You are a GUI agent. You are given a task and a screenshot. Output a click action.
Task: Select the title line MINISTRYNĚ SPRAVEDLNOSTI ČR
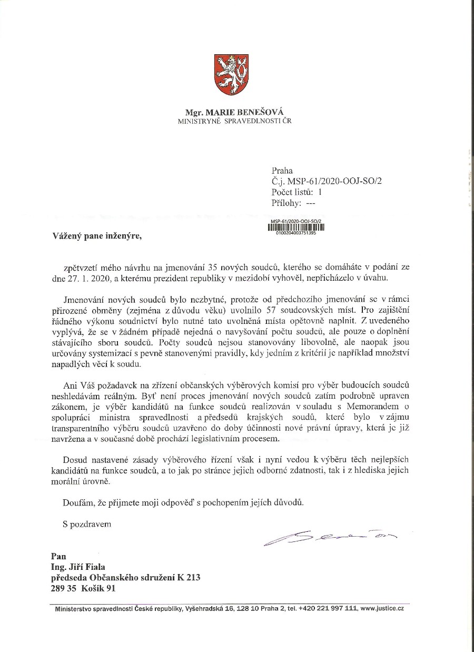click(235, 121)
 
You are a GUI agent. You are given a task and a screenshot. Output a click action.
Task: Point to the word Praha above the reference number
click(282, 171)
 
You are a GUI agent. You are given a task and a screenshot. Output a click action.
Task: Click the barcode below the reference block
click(296, 228)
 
